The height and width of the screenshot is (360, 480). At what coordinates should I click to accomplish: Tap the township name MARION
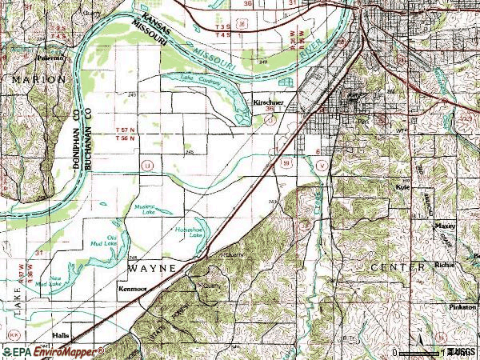pyautogui.click(x=37, y=81)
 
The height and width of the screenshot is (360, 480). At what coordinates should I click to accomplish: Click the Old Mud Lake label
pyautogui.click(x=118, y=238)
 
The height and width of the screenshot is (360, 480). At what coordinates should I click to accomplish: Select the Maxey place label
pyautogui.click(x=445, y=226)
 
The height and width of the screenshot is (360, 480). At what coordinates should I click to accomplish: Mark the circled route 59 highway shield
pyautogui.click(x=285, y=163)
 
